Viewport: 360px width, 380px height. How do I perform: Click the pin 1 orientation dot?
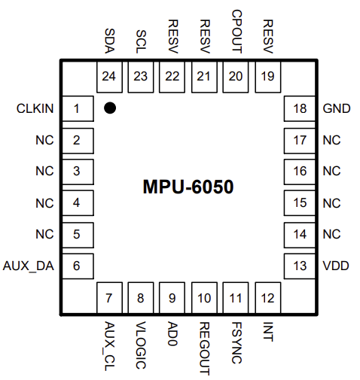pyautogui.click(x=110, y=108)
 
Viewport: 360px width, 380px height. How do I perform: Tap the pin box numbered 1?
pyautogui.click(x=77, y=109)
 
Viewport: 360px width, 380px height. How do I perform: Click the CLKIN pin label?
pyautogui.click(x=35, y=109)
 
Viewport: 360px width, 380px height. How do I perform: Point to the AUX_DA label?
pyautogui.click(x=29, y=265)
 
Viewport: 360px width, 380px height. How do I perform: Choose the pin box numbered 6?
pyautogui.click(x=77, y=265)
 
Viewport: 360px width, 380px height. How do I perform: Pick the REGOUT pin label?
pyautogui.click(x=204, y=347)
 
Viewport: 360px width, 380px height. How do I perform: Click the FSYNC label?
pyautogui.click(x=236, y=342)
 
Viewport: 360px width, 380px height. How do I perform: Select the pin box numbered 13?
pyautogui.click(x=300, y=265)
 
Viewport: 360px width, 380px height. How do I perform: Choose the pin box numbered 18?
pyautogui.click(x=300, y=109)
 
